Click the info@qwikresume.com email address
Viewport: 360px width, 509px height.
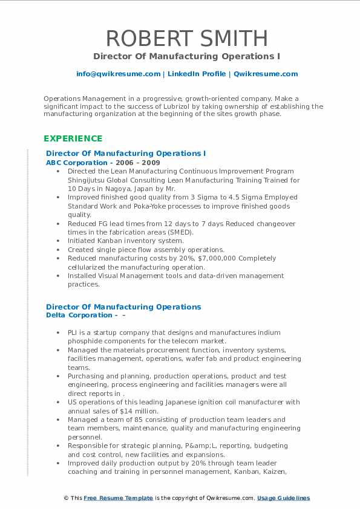[118, 74]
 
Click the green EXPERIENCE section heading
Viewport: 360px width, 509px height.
[73, 138]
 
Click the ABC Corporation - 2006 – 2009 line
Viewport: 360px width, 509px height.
[103, 163]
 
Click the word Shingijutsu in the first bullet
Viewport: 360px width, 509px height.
[88, 180]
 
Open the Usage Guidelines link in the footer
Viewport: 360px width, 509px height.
[283, 498]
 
